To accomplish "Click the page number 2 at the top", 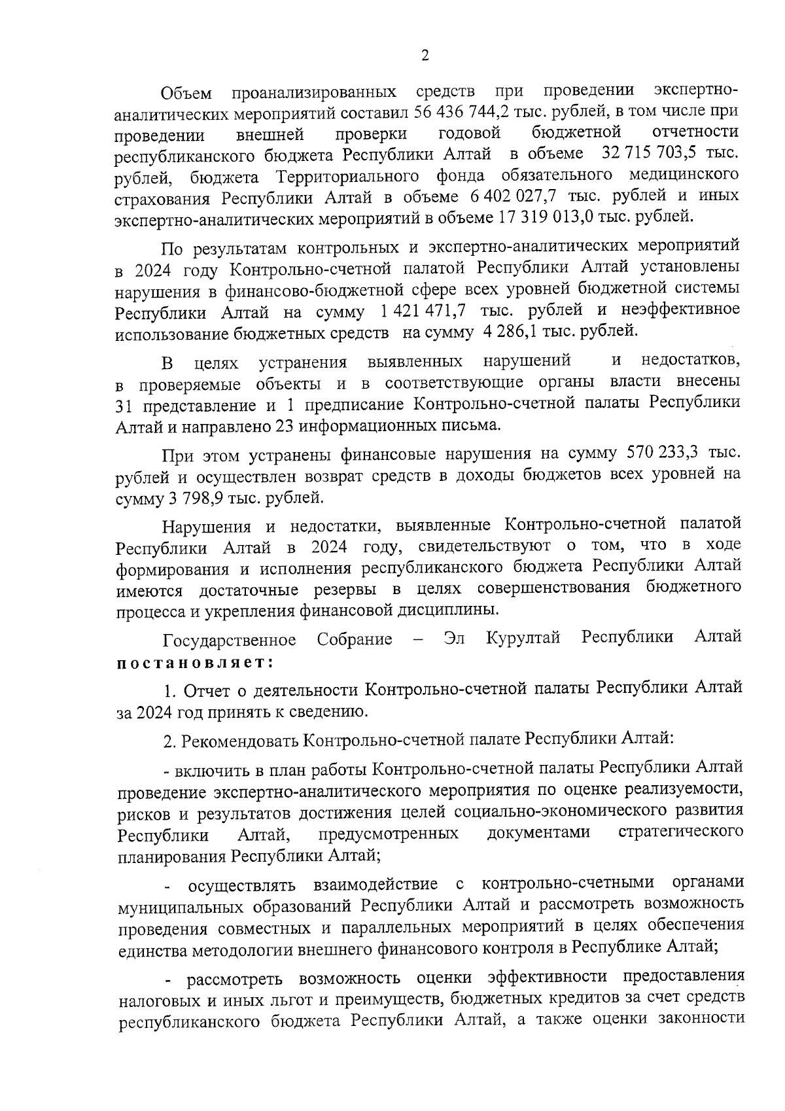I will click(x=425, y=56).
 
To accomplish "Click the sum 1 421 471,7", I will click(x=419, y=310).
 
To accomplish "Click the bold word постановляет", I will click(x=194, y=662).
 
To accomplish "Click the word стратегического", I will click(x=680, y=832).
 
